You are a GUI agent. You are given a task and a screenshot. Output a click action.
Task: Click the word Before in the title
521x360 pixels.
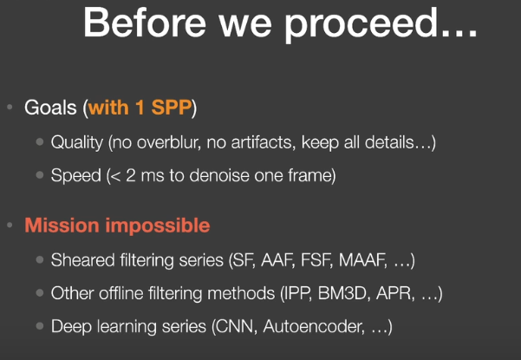tap(145, 22)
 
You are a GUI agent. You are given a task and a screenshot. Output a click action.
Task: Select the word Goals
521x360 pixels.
tap(50, 108)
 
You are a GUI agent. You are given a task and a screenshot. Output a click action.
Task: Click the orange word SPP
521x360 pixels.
tap(172, 108)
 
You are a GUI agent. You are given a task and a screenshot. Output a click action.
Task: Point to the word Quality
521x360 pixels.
tap(77, 142)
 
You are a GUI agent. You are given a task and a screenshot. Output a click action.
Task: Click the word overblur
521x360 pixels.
tap(169, 142)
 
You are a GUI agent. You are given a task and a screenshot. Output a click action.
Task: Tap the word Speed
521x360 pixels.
tap(75, 175)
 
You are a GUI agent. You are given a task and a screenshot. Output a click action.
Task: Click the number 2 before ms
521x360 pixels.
tap(131, 175)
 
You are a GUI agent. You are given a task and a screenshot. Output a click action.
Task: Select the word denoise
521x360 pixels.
tap(219, 175)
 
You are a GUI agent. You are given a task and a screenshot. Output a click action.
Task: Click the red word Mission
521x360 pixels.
tap(62, 225)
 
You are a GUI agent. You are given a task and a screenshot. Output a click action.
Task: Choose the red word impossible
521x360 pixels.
tap(158, 226)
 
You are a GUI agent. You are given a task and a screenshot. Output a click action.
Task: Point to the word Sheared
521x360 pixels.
tap(82, 259)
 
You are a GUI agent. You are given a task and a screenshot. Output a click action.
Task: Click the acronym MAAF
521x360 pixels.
tap(363, 260)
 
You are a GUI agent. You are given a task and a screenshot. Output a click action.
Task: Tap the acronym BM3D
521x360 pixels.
tap(344, 293)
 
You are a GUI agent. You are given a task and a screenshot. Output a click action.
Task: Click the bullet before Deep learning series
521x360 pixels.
tap(40, 326)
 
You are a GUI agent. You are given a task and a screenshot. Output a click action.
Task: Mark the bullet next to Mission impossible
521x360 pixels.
tap(10, 225)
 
